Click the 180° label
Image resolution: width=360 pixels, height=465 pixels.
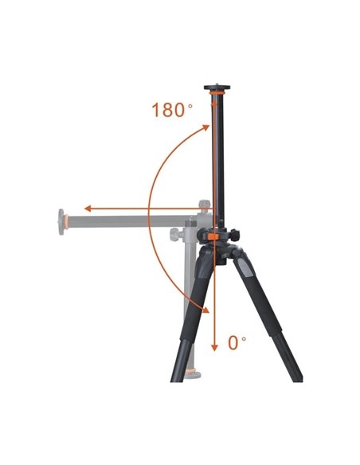172,110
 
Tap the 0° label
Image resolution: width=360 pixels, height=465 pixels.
237,343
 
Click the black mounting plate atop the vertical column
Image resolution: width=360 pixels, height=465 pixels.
217,88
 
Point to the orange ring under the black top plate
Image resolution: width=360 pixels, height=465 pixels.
217,93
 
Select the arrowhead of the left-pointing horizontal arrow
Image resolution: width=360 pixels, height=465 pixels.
88,209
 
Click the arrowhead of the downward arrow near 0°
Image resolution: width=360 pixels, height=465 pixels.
214,348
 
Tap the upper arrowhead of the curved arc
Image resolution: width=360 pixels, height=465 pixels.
205,128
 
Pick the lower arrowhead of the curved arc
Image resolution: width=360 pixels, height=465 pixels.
205,310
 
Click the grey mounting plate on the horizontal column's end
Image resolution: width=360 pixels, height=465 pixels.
61,222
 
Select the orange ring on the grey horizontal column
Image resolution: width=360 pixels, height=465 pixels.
66,222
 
